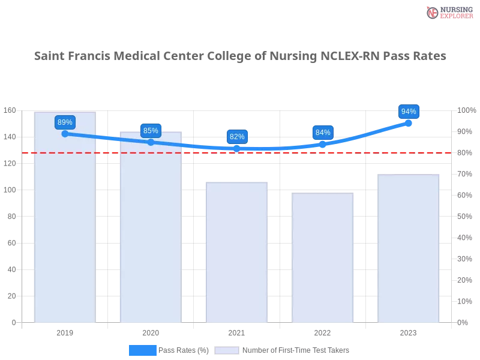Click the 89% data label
[x=65, y=122]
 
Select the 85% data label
[x=151, y=131]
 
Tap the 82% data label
[x=237, y=137]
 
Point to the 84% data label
[x=323, y=133]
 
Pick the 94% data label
[x=409, y=112]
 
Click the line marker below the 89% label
[x=65, y=134]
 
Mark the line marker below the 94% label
[x=409, y=122]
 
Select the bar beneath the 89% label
[x=65, y=228]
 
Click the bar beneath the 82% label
[x=237, y=252]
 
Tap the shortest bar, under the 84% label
[x=323, y=258]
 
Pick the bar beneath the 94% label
[x=409, y=249]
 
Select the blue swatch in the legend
[x=142, y=350]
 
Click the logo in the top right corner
[x=448, y=12]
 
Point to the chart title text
[x=240, y=56]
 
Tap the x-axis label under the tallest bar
[x=65, y=332]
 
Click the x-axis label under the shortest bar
[x=323, y=332]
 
